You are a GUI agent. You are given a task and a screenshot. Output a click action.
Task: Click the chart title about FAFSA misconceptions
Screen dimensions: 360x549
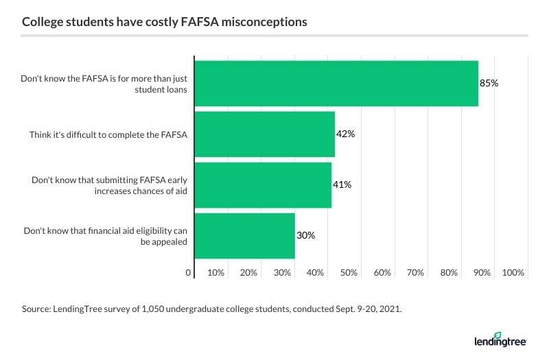(x=164, y=23)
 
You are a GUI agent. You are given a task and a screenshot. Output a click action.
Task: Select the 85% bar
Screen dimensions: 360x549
(x=336, y=83)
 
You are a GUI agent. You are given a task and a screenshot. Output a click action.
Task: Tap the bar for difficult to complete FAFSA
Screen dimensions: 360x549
(x=265, y=134)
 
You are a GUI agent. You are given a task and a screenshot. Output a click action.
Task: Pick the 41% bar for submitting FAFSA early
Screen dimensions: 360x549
(x=263, y=184)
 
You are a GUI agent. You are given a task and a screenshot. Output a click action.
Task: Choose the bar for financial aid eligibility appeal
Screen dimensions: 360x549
(x=245, y=235)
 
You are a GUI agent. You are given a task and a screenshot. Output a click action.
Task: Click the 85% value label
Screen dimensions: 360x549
(x=489, y=83)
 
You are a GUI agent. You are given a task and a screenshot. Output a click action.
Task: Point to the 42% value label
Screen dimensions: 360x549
(x=345, y=134)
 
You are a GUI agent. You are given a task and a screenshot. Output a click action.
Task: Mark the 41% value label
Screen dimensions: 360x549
(x=342, y=184)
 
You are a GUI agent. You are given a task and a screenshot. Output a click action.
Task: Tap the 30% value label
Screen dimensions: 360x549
(x=305, y=235)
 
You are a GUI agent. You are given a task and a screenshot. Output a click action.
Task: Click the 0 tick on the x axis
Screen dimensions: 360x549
(x=189, y=273)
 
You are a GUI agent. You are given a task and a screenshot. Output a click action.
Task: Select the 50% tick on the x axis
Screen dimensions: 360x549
(x=349, y=273)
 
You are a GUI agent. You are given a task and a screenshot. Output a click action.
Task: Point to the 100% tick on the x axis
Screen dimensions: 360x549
(x=513, y=273)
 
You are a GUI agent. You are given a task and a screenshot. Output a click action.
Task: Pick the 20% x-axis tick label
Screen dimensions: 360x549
(x=249, y=273)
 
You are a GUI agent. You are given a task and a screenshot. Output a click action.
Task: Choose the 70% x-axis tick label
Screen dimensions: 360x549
(x=415, y=273)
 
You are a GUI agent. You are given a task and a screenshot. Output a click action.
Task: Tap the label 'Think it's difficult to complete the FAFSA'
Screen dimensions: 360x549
(x=108, y=134)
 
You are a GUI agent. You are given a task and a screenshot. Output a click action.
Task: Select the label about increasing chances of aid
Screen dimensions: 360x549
(x=110, y=184)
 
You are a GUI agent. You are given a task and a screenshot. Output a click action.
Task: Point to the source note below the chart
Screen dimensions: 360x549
(x=211, y=310)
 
